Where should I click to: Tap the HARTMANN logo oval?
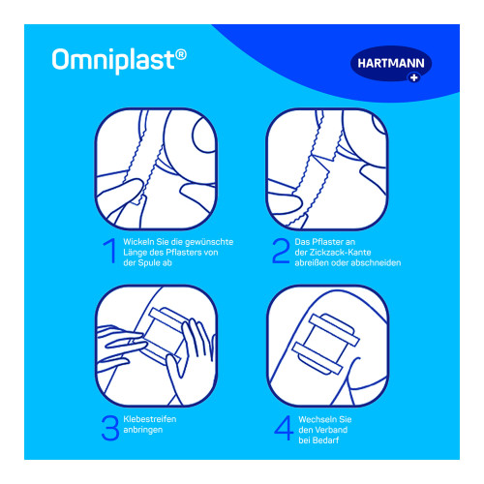pos(391,64)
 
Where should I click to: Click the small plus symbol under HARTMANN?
pos(413,77)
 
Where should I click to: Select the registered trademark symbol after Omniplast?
pos(181,54)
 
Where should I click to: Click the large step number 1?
pos(109,251)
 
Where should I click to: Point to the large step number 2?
pos(280,251)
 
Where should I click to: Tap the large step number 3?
pos(109,428)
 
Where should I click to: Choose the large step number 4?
pos(284,428)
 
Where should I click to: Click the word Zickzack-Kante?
pos(340,253)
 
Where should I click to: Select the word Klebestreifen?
pos(150,419)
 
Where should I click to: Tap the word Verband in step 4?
pos(332,430)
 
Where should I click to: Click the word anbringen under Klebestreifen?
pos(143,430)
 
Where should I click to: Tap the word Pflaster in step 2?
pos(327,242)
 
